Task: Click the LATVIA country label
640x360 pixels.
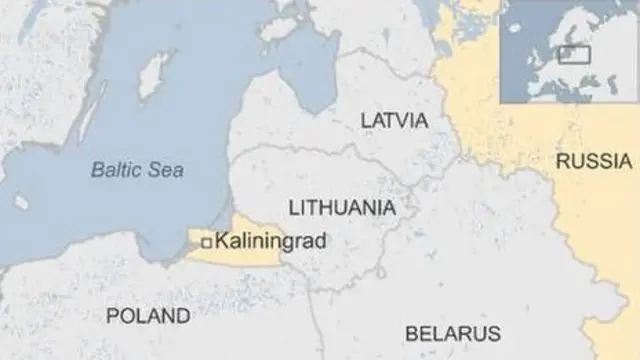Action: (x=394, y=121)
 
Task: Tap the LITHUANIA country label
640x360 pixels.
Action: (x=341, y=207)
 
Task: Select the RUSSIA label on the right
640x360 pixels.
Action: (x=594, y=161)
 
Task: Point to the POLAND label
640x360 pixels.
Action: (x=148, y=316)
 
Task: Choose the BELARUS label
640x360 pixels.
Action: (x=452, y=332)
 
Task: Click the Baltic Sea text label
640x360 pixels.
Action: (x=137, y=170)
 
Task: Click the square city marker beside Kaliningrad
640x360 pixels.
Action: (x=206, y=242)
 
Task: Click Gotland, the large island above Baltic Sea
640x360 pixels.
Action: (x=153, y=75)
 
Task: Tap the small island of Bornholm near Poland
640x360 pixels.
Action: (x=21, y=203)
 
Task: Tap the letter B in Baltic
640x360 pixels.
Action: (x=96, y=170)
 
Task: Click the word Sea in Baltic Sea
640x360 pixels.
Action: (x=167, y=170)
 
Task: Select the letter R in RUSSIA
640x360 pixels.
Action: (x=563, y=161)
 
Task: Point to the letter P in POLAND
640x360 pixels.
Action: (x=112, y=316)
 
